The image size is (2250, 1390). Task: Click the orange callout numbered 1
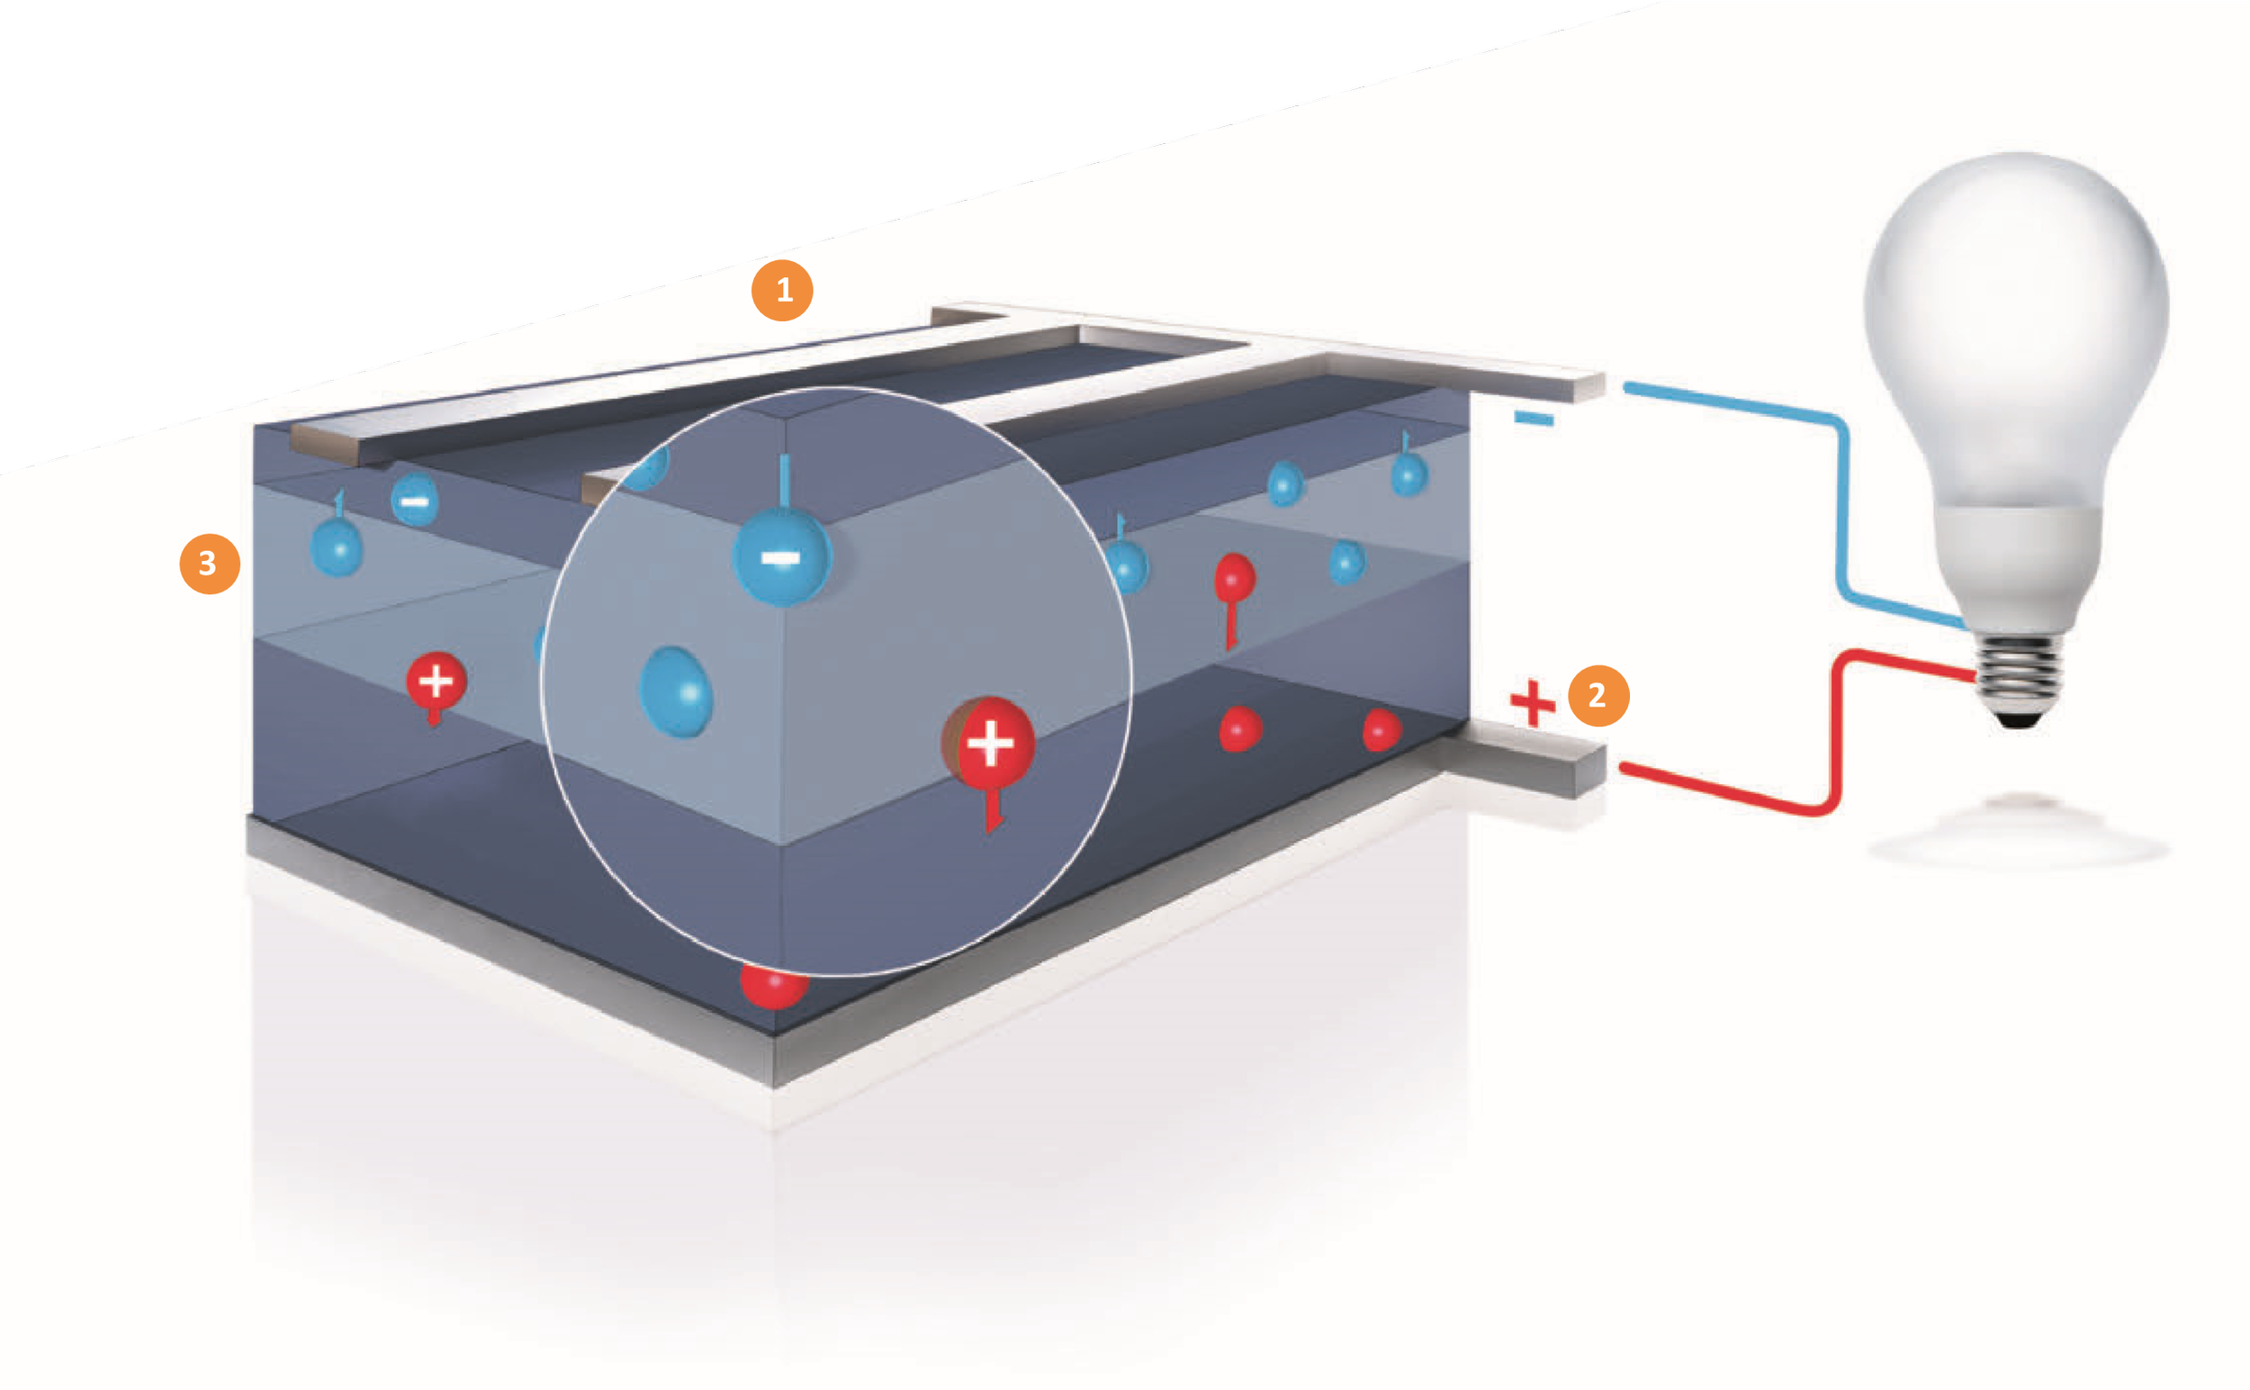tap(782, 291)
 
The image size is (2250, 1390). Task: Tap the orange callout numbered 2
tap(1598, 696)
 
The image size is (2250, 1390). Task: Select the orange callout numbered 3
tap(210, 564)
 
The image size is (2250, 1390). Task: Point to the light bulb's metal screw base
tap(2020, 675)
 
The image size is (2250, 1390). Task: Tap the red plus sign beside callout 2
tap(1532, 704)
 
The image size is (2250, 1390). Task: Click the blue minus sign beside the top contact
tap(1534, 420)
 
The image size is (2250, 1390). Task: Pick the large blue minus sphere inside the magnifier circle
tap(782, 558)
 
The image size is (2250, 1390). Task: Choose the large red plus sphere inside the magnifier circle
tap(990, 743)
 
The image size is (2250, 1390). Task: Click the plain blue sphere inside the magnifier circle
tap(677, 691)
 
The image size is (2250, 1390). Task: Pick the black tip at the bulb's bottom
tap(2020, 721)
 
